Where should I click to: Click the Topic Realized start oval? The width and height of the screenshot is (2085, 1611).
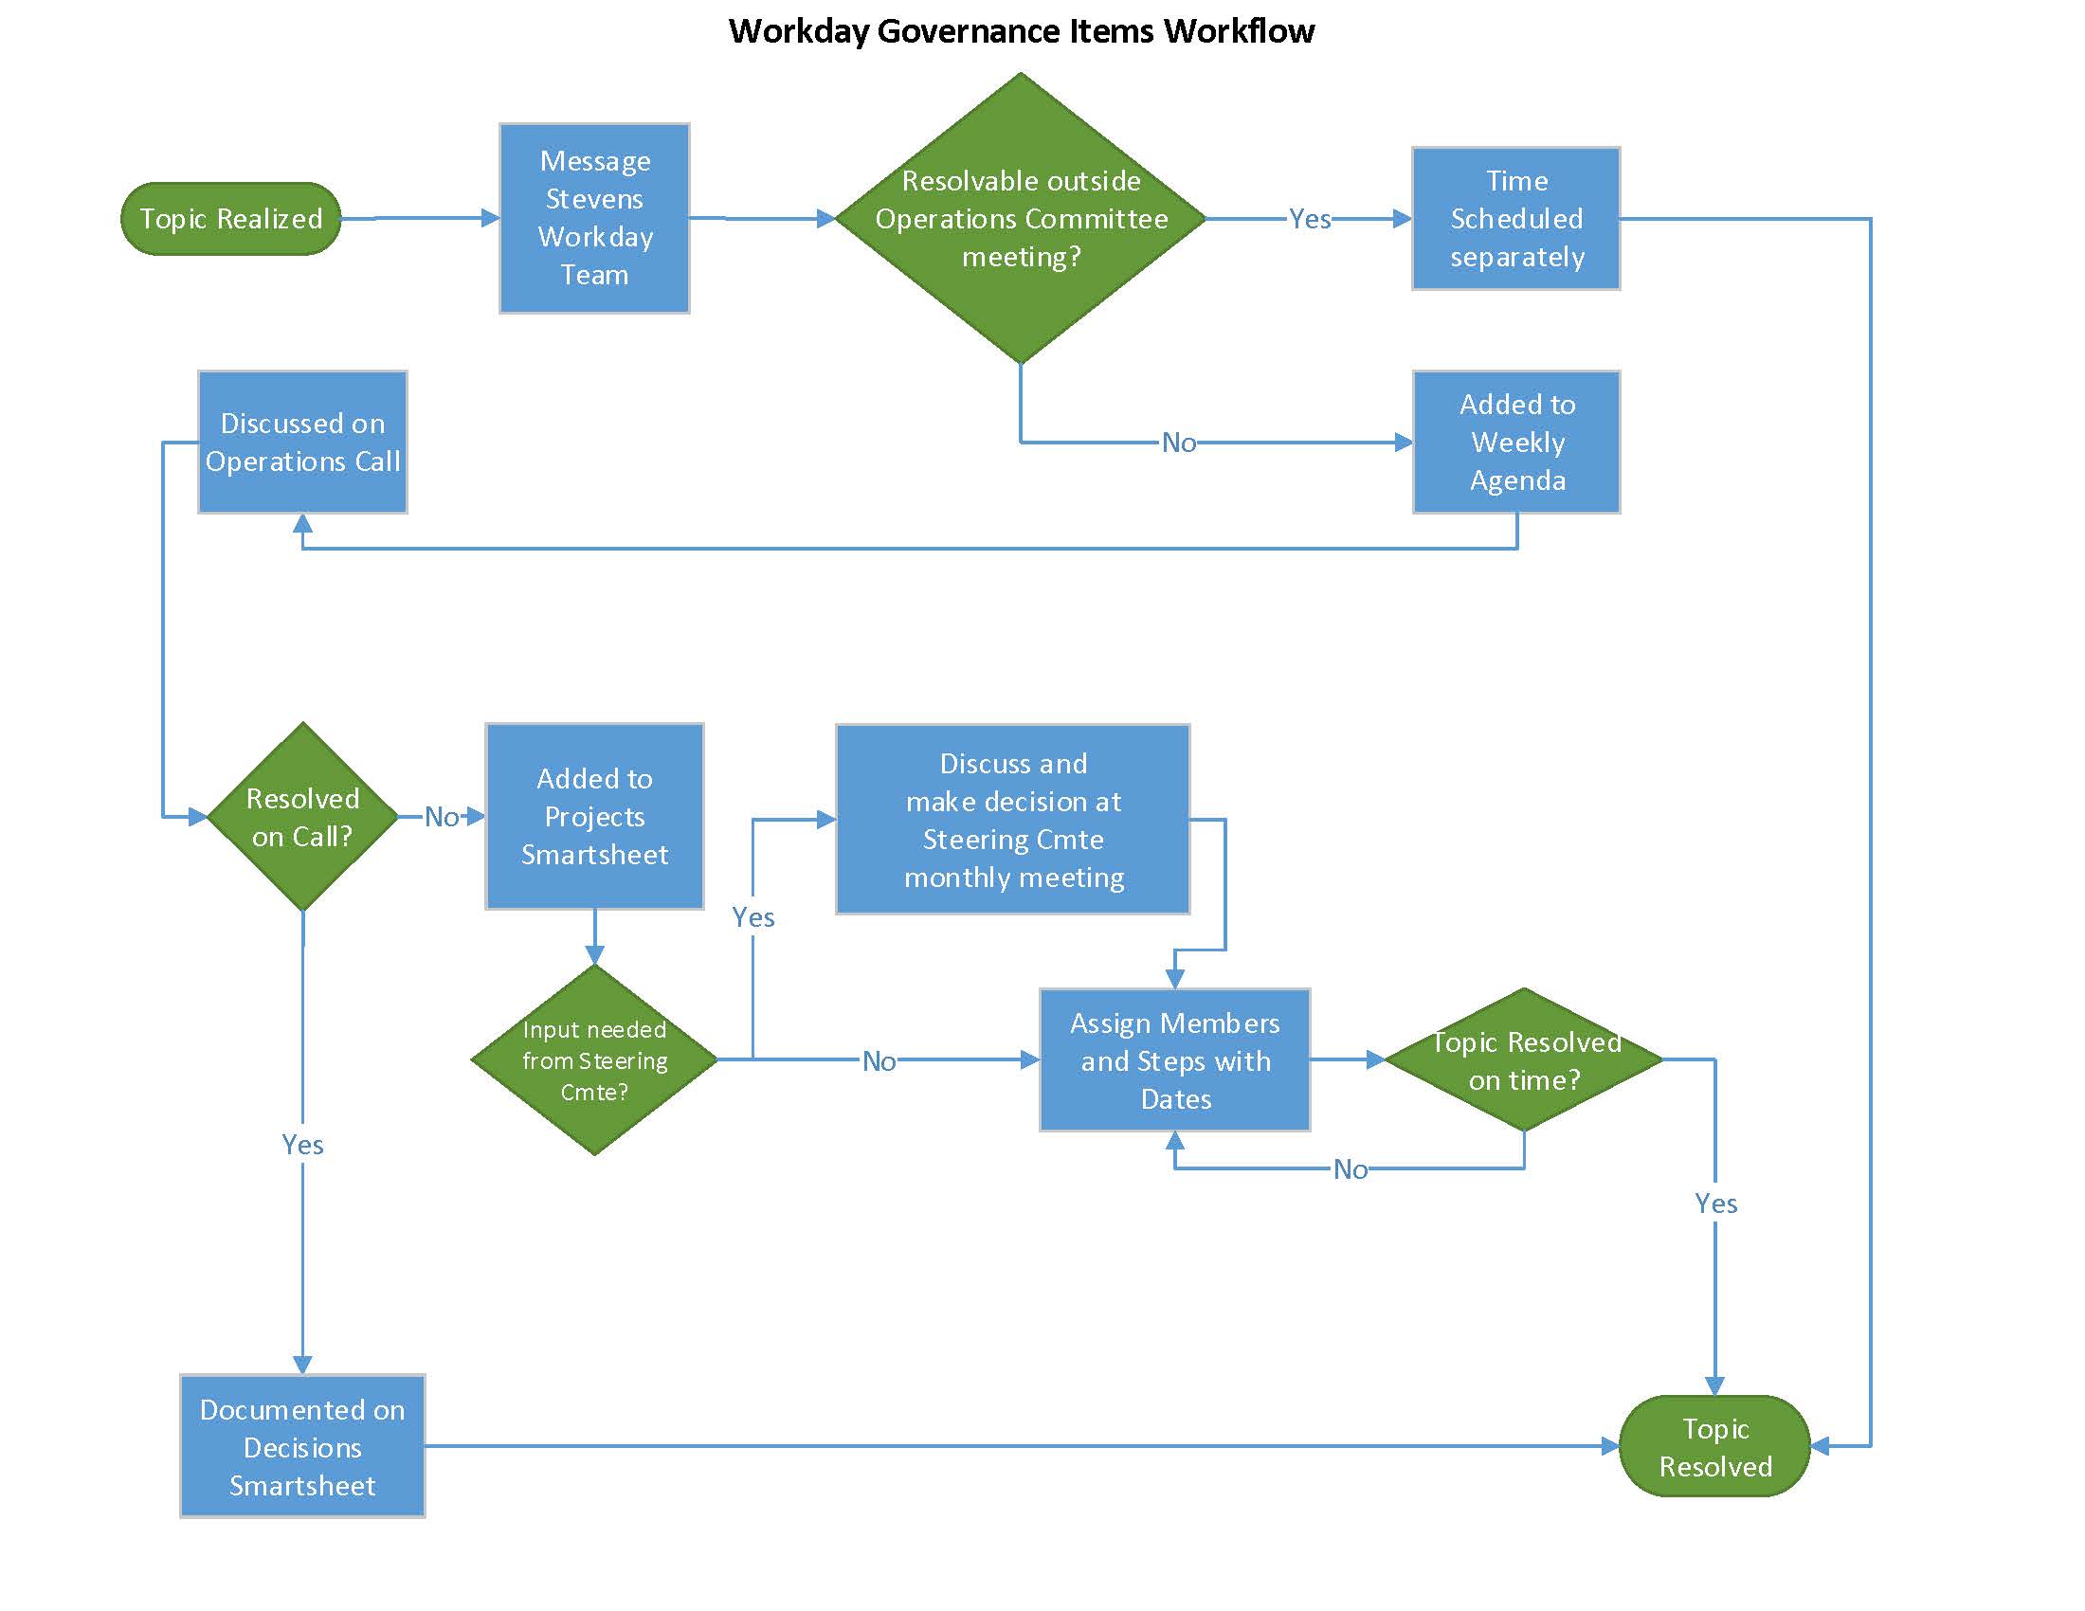pyautogui.click(x=230, y=219)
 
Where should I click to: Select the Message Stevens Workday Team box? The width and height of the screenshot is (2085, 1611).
pyautogui.click(x=594, y=218)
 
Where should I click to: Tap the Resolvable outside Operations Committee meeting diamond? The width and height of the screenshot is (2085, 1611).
pyautogui.click(x=1020, y=219)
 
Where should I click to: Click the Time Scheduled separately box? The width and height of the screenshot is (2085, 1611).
pyautogui.click(x=1515, y=219)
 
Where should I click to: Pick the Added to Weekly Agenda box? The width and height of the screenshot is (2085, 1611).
pyautogui.click(x=1516, y=442)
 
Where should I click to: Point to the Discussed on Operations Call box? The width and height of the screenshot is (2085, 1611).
pyautogui.click(x=302, y=442)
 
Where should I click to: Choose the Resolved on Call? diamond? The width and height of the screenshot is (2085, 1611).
pyautogui.click(x=302, y=817)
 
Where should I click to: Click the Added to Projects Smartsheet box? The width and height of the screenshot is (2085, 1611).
pyautogui.click(x=594, y=816)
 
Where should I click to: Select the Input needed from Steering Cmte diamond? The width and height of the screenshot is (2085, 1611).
pyautogui.click(x=594, y=1059)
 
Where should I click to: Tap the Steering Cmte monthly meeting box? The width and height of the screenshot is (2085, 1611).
pyautogui.click(x=1012, y=819)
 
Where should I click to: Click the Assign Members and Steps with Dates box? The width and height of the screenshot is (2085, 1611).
pyautogui.click(x=1174, y=1060)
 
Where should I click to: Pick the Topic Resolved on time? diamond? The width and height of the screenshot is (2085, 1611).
pyautogui.click(x=1524, y=1059)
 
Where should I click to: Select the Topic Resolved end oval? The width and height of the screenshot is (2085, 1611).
pyautogui.click(x=1714, y=1446)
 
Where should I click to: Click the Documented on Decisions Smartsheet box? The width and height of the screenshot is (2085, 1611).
pyautogui.click(x=302, y=1446)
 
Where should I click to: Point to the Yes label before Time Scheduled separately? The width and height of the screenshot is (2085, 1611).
pyautogui.click(x=1309, y=220)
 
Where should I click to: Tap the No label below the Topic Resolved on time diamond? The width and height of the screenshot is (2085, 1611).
pyautogui.click(x=1350, y=1169)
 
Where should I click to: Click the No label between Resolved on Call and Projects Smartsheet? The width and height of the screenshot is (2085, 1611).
pyautogui.click(x=441, y=817)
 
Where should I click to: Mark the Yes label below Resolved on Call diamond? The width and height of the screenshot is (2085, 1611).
pyautogui.click(x=302, y=1145)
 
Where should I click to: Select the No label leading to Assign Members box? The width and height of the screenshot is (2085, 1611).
pyautogui.click(x=879, y=1061)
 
